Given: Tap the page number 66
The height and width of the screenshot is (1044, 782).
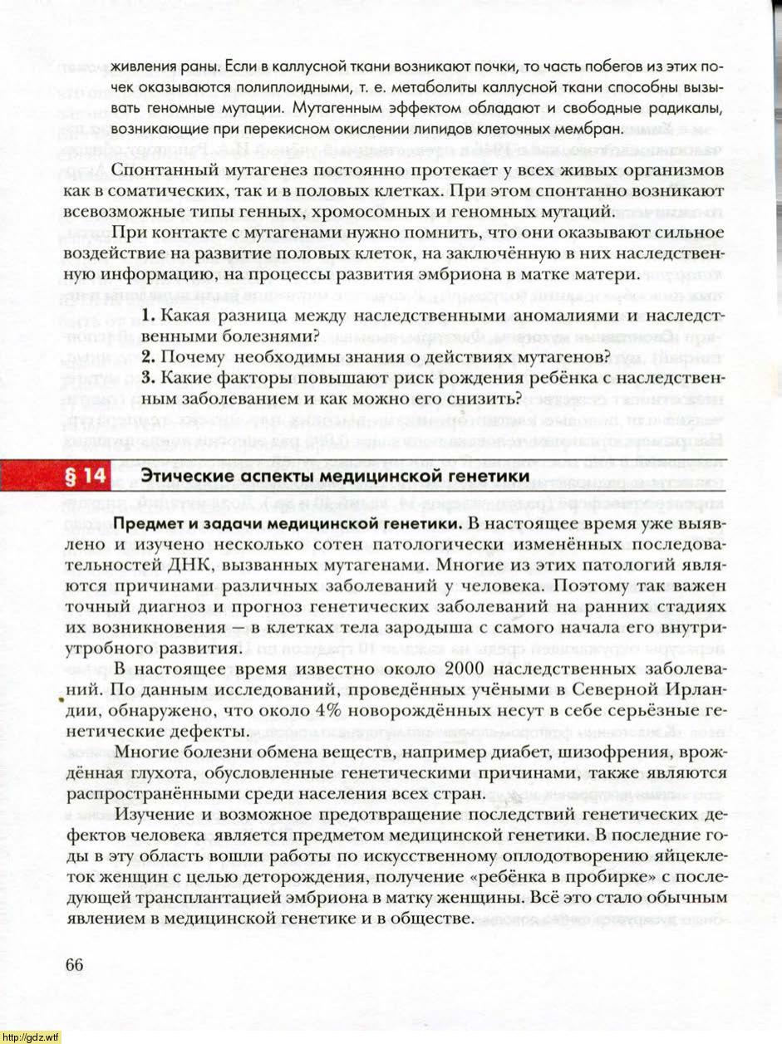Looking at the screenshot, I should click(74, 964).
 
